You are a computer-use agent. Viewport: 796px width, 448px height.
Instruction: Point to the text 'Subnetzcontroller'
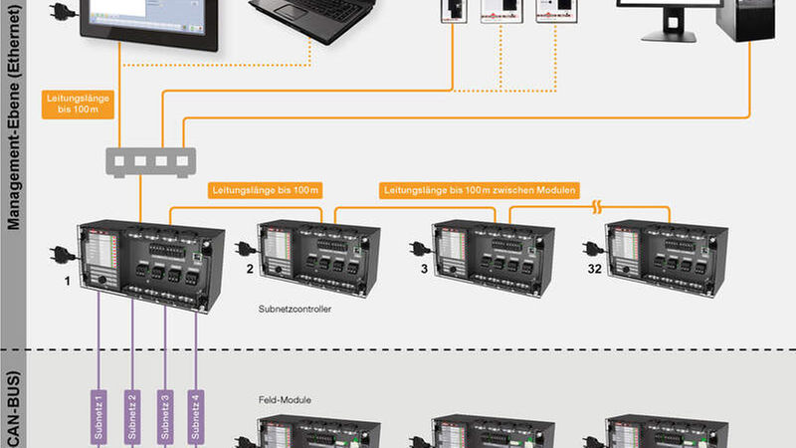tap(294, 310)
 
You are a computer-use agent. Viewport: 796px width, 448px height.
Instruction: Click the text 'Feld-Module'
tap(266, 399)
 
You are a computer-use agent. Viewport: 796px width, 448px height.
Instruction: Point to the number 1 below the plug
tap(67, 282)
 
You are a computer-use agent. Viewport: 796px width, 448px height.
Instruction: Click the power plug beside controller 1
tap(61, 252)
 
